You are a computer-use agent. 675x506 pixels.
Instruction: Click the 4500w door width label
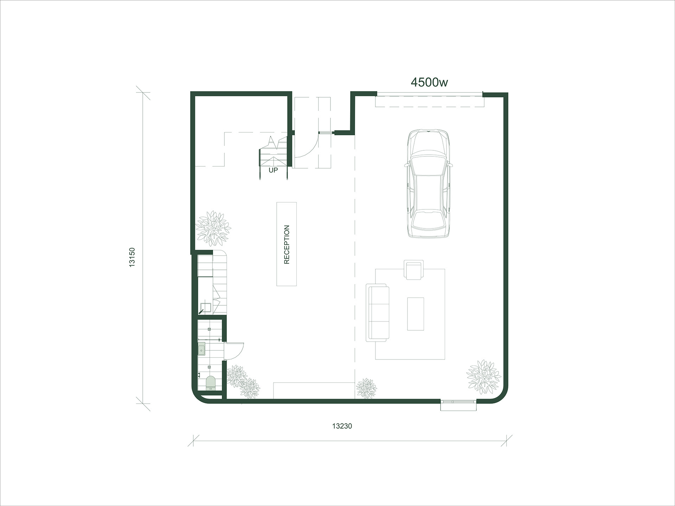(x=429, y=82)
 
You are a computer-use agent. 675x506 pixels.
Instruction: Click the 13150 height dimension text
(x=132, y=257)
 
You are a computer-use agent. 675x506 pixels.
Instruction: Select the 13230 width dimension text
(x=342, y=426)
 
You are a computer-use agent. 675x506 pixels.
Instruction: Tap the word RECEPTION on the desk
(x=287, y=244)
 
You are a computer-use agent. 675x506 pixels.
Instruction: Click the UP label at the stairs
(x=273, y=170)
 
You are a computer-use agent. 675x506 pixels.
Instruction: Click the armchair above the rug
(x=414, y=270)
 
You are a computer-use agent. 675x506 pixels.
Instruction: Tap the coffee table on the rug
(x=416, y=314)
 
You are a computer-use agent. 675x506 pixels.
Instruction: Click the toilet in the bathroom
(x=210, y=382)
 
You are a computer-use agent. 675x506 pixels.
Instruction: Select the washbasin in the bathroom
(x=201, y=350)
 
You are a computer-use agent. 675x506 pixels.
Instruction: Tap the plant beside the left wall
(x=213, y=228)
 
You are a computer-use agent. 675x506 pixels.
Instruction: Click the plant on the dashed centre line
(x=366, y=389)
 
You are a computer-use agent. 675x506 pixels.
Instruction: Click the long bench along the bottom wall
(x=314, y=390)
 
